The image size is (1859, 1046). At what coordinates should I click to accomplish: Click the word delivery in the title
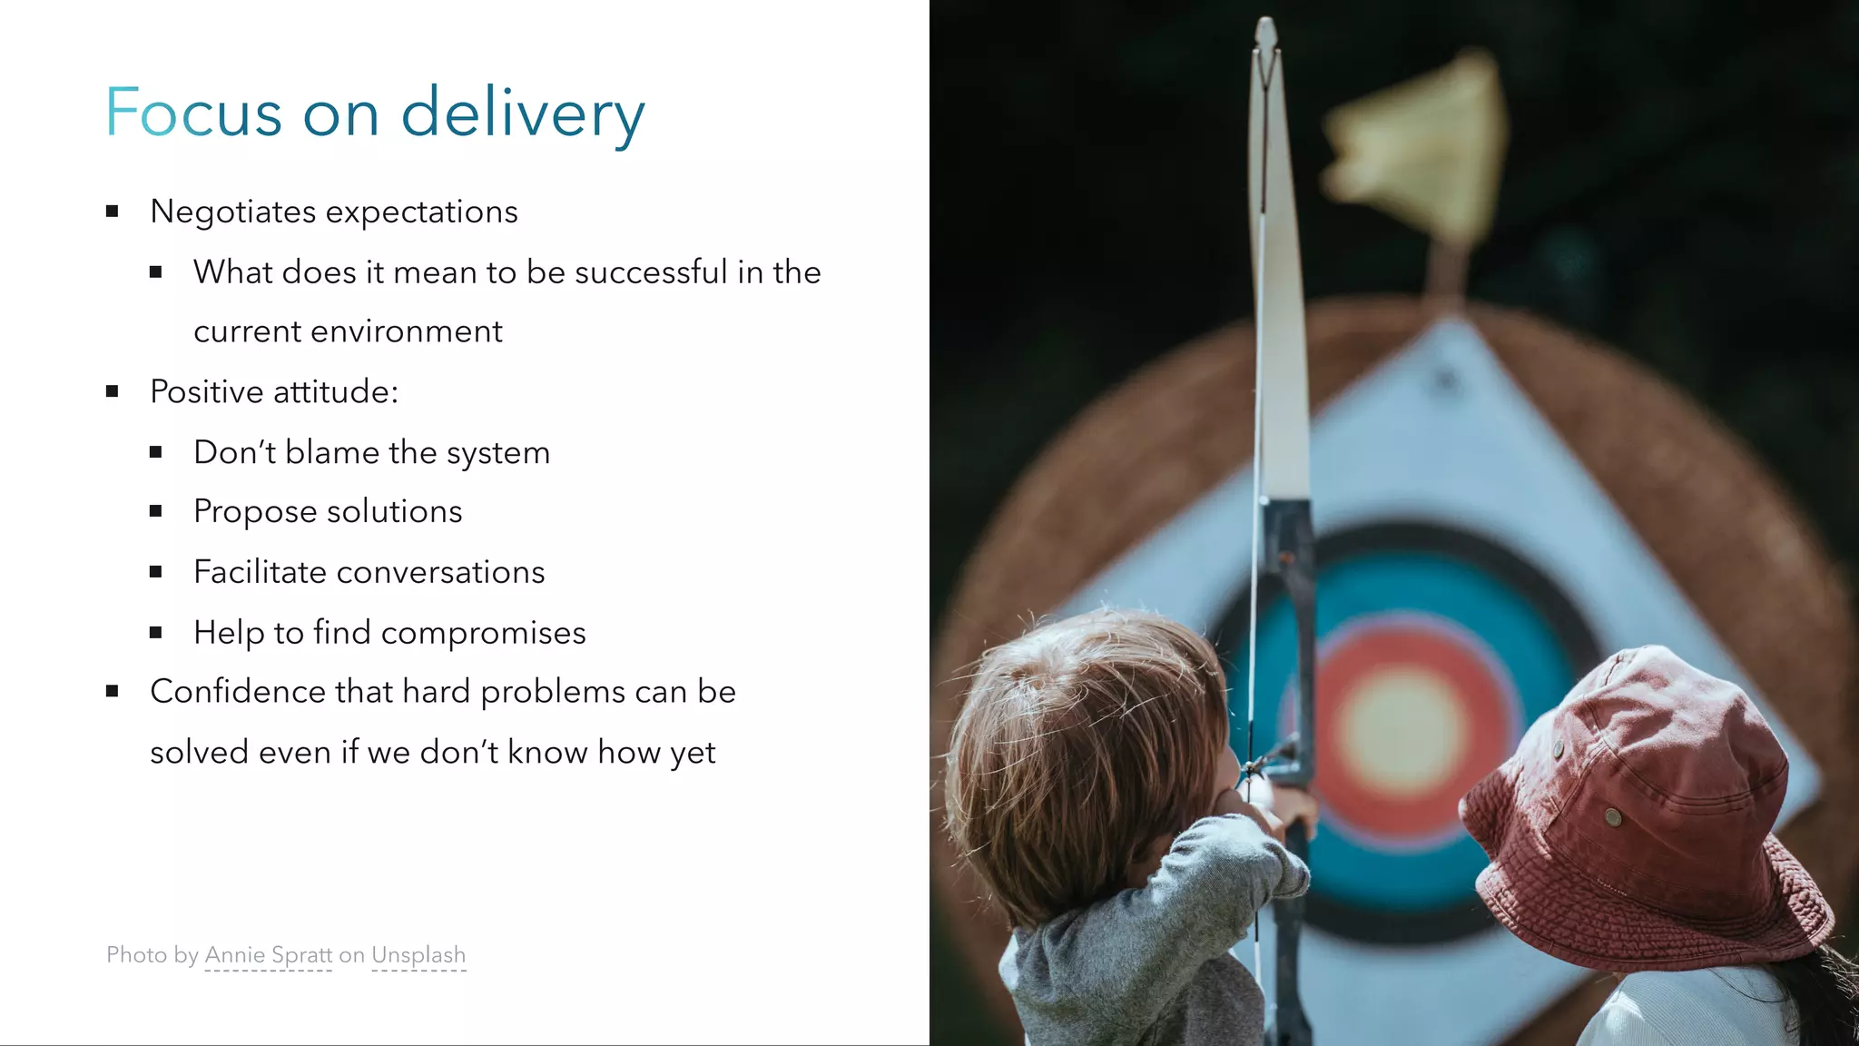click(x=523, y=114)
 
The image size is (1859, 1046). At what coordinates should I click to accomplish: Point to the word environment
click(x=406, y=331)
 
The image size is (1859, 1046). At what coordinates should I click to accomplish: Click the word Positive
click(x=206, y=391)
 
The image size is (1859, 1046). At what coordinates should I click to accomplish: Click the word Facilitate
click(x=260, y=572)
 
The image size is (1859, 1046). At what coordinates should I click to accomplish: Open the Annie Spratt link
click(x=269, y=955)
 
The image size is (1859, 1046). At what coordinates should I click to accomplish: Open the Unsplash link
click(x=418, y=955)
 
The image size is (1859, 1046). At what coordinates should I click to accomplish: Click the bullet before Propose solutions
click(x=156, y=512)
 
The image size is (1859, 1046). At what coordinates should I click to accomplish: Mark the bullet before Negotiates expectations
click(x=113, y=212)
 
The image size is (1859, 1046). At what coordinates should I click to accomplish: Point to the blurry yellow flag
click(x=1416, y=145)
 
